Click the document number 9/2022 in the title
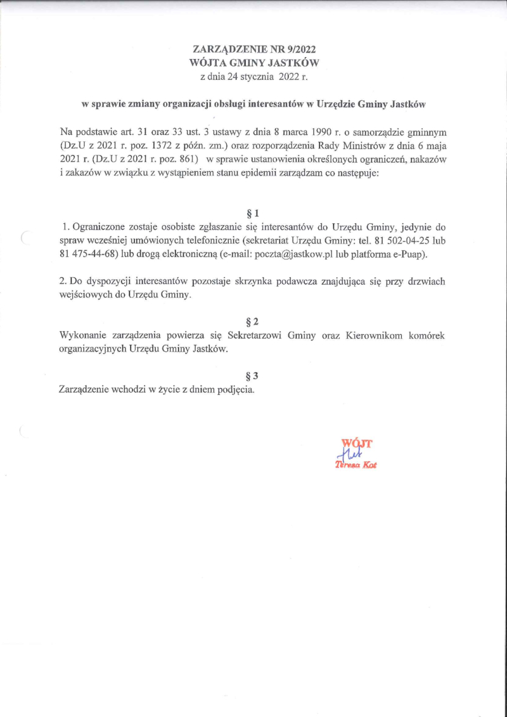(298, 49)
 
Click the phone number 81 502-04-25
(391, 240)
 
